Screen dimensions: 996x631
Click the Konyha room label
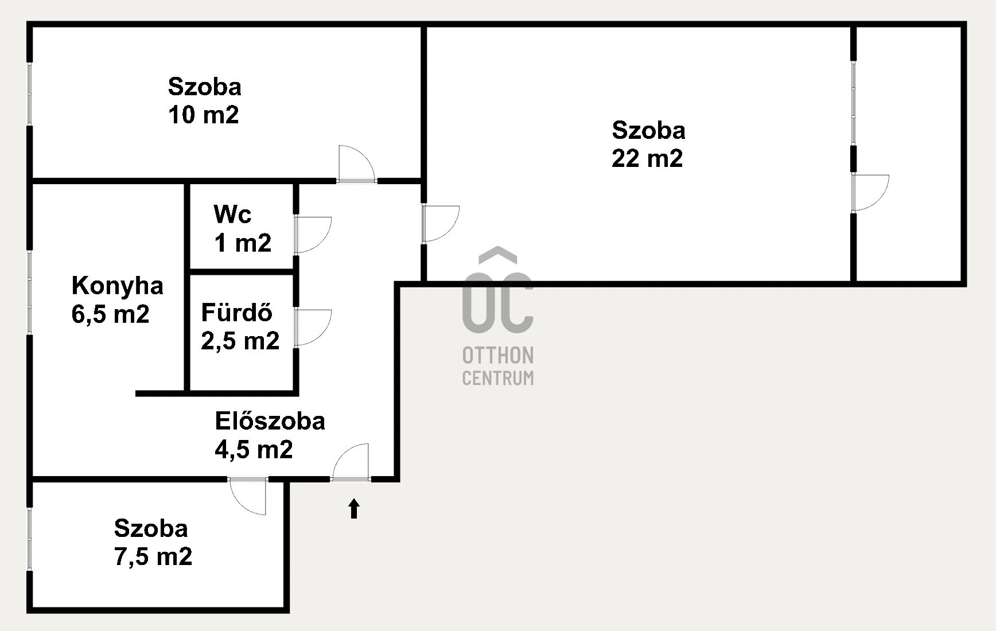pos(118,286)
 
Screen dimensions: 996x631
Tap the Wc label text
pos(232,214)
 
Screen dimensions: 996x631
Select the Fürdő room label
pos(236,312)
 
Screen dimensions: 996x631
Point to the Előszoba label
pos(270,421)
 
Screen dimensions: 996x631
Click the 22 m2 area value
pos(647,158)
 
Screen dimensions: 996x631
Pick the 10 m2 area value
pos(204,115)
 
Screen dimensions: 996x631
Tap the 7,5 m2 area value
pos(153,556)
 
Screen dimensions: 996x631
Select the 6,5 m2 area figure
pos(110,314)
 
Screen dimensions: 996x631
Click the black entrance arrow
pos(354,509)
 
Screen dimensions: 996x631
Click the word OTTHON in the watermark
pos(498,356)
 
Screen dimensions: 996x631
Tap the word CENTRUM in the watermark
pos(498,378)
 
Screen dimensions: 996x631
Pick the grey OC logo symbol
pos(498,290)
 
